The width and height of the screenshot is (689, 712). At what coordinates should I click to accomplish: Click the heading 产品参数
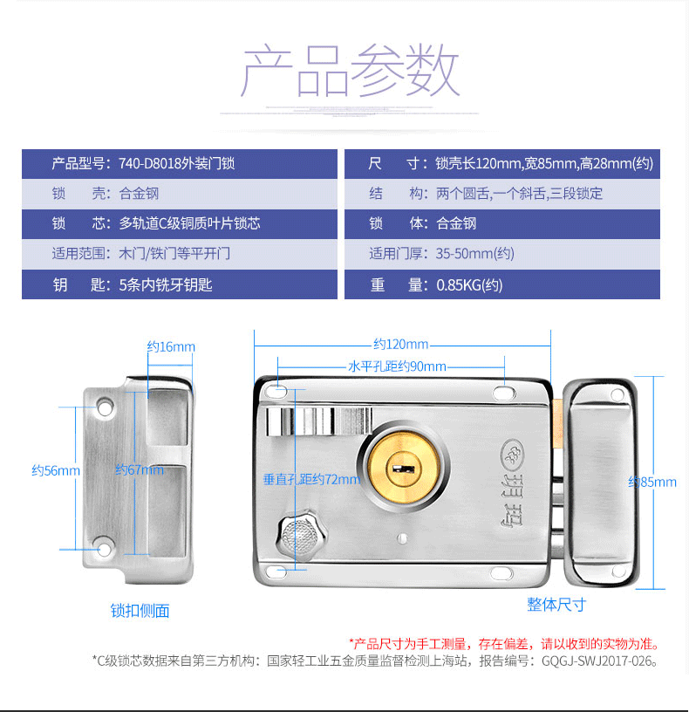(349, 70)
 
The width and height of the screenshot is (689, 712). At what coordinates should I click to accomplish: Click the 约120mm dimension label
(401, 344)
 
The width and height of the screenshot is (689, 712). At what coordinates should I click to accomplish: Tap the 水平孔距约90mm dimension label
(398, 366)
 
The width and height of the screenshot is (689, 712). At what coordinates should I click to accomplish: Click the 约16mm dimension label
(171, 346)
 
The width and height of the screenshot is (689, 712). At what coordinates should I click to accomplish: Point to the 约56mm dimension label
(56, 470)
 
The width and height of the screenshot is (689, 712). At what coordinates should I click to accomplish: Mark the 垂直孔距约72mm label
(311, 479)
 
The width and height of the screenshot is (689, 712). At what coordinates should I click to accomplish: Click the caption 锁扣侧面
(140, 611)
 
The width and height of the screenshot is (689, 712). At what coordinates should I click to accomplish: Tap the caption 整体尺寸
(556, 604)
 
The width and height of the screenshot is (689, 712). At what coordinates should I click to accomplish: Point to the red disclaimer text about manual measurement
(504, 643)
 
